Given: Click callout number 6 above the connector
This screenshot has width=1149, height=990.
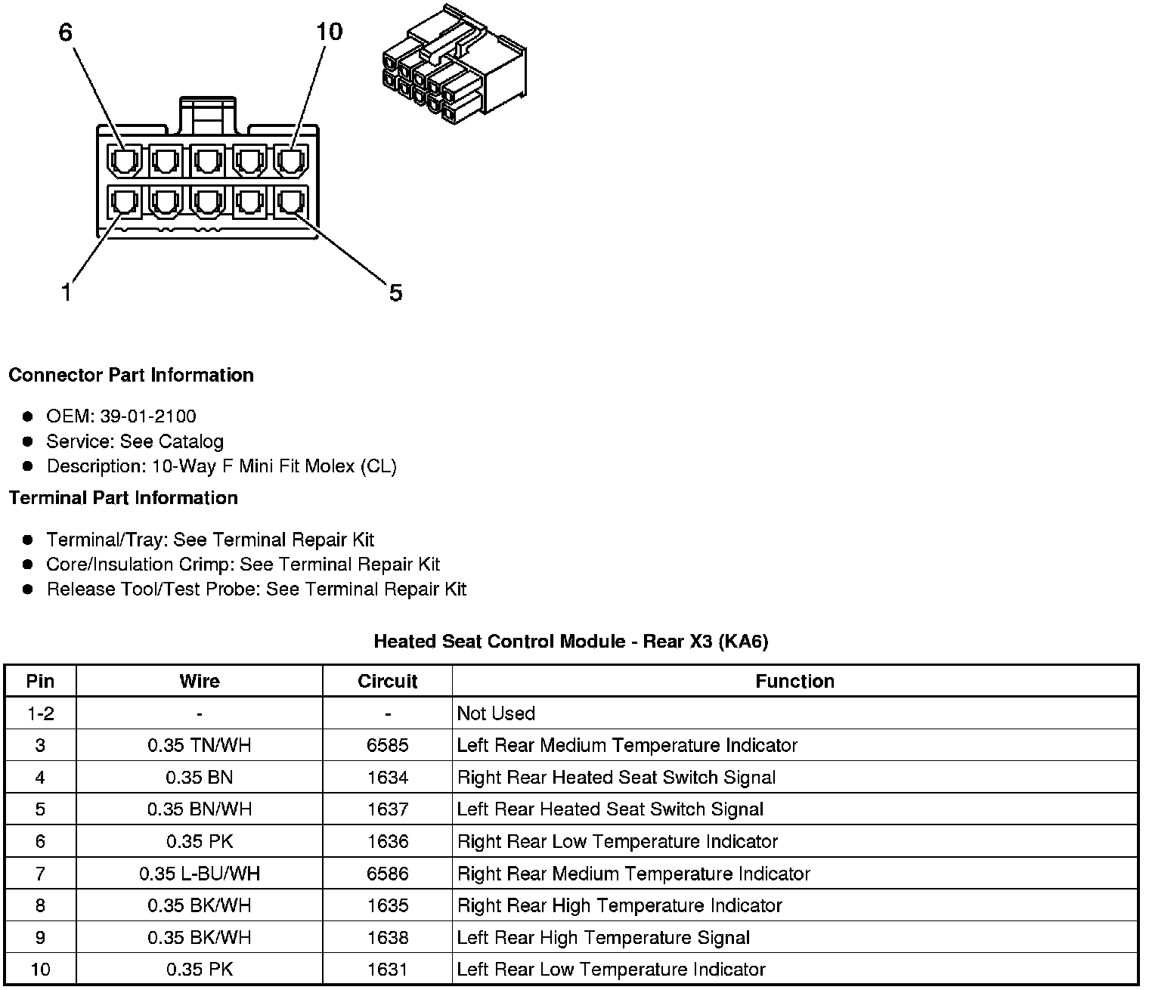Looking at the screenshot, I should [x=66, y=32].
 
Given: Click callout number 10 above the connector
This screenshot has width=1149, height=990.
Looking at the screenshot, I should [x=329, y=32].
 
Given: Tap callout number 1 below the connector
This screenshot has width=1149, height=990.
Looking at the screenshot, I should [x=67, y=292].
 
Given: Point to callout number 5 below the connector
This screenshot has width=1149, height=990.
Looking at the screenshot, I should [x=395, y=292].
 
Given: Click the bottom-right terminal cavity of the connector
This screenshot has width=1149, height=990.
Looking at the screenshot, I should [x=291, y=202].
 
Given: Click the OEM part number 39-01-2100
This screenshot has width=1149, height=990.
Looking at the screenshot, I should [x=148, y=416].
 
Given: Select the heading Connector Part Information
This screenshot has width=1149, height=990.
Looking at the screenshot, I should [x=131, y=376].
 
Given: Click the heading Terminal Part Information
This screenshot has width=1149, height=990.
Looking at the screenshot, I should [x=123, y=498].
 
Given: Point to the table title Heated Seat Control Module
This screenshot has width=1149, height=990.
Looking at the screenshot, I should [x=571, y=642].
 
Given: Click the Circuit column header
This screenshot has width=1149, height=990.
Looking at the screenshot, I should [x=387, y=681].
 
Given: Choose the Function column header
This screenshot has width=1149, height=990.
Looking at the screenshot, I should [x=794, y=681].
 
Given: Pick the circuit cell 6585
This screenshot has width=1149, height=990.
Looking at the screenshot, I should [x=387, y=745].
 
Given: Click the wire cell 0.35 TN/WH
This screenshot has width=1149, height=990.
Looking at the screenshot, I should [x=200, y=745].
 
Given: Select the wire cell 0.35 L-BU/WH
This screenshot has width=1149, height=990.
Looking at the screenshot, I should [x=200, y=874].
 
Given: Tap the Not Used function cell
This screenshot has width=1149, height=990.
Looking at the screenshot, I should [x=496, y=713].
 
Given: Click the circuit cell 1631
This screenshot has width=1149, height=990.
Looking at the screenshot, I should [x=387, y=970].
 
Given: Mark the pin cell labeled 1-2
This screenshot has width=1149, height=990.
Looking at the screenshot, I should [x=40, y=713].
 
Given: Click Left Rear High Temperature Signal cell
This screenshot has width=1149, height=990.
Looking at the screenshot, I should [x=603, y=938].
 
